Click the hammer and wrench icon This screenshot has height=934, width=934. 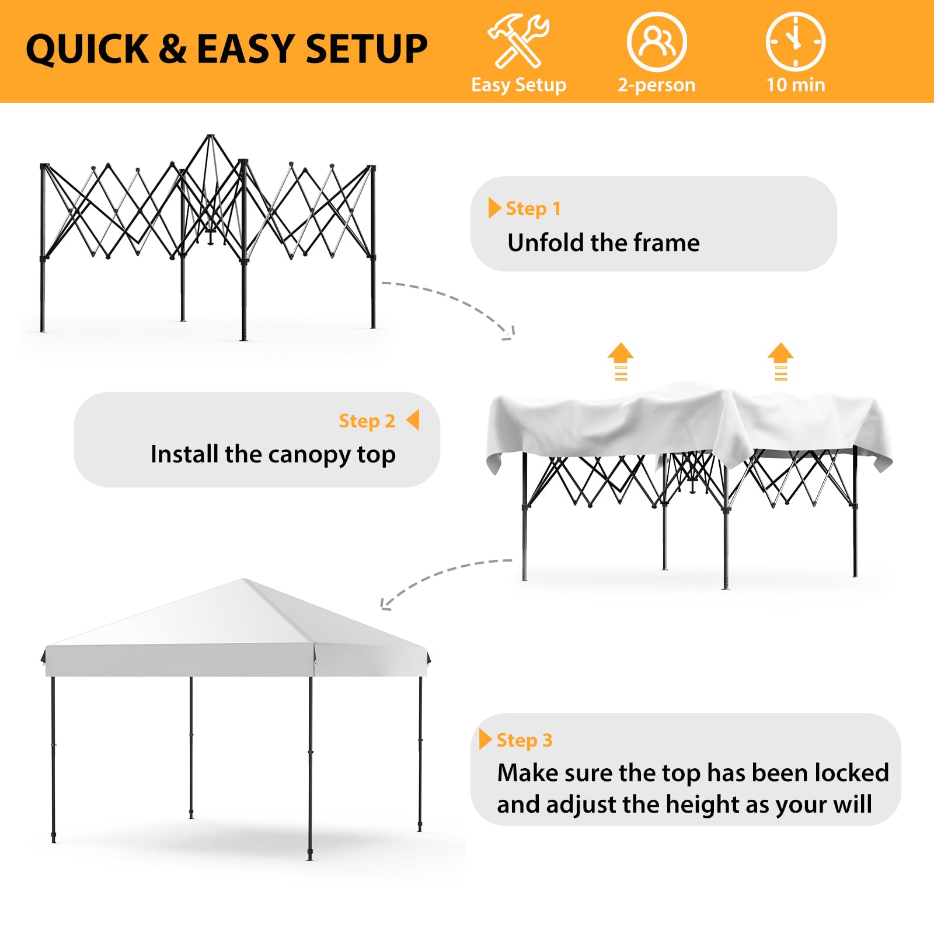coord(518,41)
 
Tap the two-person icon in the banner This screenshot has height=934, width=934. coord(657,41)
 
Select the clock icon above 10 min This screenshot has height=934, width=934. coord(795,41)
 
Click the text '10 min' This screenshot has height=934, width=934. coord(796,85)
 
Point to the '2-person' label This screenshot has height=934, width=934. coord(657,85)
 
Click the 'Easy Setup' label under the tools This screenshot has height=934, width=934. coord(518,85)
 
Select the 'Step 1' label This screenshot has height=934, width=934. coord(533,208)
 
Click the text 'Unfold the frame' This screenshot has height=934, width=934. coord(604,242)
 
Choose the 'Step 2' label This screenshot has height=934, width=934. coord(367,421)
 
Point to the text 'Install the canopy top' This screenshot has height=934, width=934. coord(273,454)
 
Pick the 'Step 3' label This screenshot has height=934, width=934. coord(524,740)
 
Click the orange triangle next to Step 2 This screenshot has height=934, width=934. coord(413,420)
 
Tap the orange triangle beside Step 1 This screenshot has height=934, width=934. coord(494,207)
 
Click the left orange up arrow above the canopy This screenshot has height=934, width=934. coord(621,361)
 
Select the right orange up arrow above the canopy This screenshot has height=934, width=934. coord(780,361)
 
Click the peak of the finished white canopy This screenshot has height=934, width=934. coord(243,580)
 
